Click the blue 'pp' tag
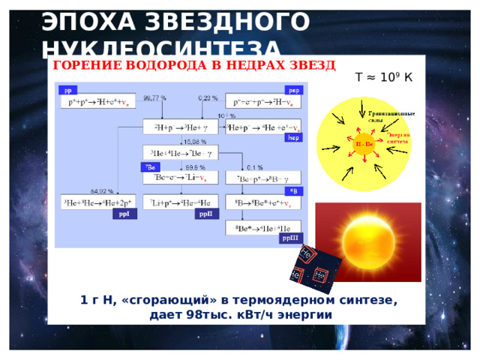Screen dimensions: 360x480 (x=67, y=89)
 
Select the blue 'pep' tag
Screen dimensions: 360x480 (x=294, y=89)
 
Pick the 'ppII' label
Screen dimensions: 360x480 (x=205, y=214)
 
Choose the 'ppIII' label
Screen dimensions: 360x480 (x=290, y=238)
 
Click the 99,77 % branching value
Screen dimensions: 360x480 (x=155, y=98)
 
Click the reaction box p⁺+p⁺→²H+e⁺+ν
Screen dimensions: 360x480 (x=98, y=100)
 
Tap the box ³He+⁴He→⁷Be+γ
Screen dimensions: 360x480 (x=180, y=152)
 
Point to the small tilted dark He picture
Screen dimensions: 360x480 (x=315, y=267)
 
